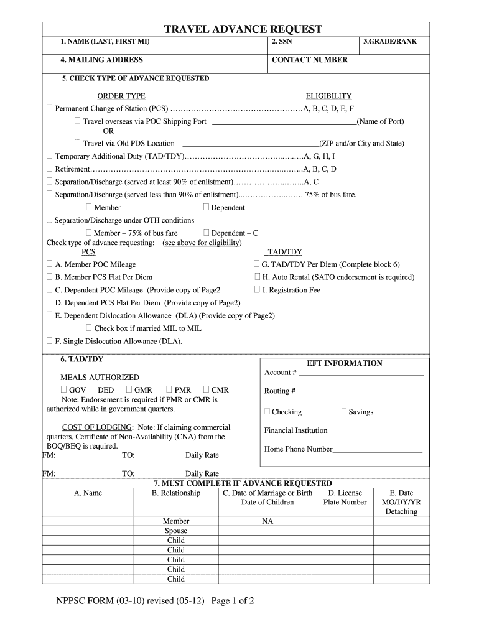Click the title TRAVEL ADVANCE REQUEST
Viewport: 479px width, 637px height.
[x=243, y=29]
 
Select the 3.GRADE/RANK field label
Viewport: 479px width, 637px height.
[x=390, y=42]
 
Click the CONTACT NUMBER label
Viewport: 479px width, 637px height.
[x=310, y=60]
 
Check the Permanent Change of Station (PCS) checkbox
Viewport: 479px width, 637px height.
[x=50, y=108]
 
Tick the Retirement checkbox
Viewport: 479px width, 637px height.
[x=50, y=169]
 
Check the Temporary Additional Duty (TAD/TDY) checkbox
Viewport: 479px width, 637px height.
[x=50, y=156]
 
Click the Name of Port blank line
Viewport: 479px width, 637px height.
[x=284, y=123]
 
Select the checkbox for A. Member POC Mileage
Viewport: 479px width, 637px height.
[x=50, y=264]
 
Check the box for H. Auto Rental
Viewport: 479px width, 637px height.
[x=257, y=277]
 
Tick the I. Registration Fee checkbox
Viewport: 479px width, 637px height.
[x=257, y=289]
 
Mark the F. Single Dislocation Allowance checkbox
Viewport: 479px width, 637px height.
[x=50, y=340]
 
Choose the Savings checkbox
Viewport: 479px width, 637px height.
[x=344, y=411]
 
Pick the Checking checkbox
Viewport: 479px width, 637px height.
[x=267, y=411]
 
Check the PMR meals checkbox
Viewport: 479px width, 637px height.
[x=169, y=389]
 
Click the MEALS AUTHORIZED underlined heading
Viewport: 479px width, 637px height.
[x=100, y=378]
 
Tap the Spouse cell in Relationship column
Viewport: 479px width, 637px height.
[x=175, y=531]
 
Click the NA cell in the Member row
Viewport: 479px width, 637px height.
[x=267, y=521]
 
